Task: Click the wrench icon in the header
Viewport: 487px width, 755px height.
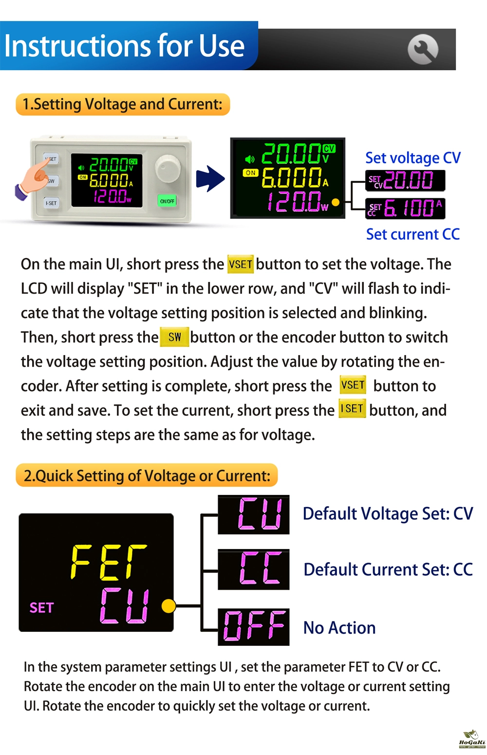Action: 423,49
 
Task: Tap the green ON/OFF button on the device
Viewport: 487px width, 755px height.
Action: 167,201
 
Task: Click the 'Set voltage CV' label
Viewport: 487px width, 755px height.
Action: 413,158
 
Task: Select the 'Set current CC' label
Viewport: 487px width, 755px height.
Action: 413,234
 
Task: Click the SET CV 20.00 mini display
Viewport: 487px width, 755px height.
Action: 405,180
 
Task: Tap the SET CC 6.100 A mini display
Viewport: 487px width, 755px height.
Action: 405,208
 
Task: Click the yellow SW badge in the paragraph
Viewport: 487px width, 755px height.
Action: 174,337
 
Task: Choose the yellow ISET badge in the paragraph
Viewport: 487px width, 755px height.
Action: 352,409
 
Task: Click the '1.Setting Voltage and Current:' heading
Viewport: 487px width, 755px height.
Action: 123,104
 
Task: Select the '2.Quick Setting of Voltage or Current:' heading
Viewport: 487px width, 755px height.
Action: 147,475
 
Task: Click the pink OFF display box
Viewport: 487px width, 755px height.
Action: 253,627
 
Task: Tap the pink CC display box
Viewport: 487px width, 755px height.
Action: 253,569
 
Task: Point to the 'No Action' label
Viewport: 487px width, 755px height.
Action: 339,627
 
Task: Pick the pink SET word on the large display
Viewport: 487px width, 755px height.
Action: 41,608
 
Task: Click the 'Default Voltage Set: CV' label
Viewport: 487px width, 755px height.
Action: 388,513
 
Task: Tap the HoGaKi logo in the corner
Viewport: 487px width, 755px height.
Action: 472,739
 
